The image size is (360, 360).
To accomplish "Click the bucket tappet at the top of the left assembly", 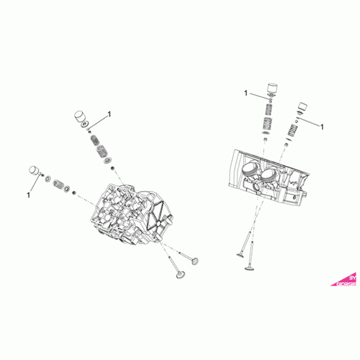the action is [80, 117].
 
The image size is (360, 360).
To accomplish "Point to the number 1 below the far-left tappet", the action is [28, 195].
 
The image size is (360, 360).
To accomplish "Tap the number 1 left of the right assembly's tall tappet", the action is [245, 93].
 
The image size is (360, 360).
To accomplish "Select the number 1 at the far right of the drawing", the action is [322, 126].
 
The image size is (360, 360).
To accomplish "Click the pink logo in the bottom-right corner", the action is [346, 279].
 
